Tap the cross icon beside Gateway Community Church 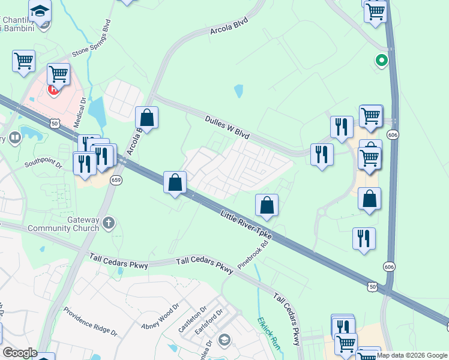pos(109,223)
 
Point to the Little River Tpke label pos(247,225)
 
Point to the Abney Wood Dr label pos(157,319)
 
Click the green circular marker pos(381,60)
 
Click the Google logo pos(19,353)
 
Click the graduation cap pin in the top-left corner pos(40,11)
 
